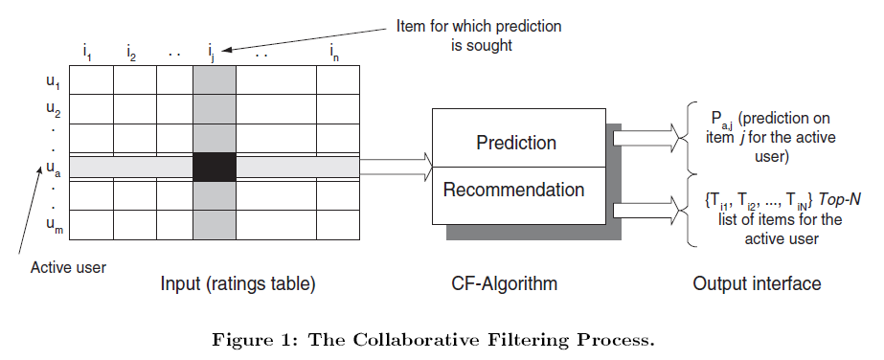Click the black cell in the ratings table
215,166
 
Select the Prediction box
516,143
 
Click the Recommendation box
513,190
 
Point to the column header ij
212,52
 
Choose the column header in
334,52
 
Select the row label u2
53,109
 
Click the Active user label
67,267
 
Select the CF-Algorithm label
505,284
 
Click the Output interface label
757,284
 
